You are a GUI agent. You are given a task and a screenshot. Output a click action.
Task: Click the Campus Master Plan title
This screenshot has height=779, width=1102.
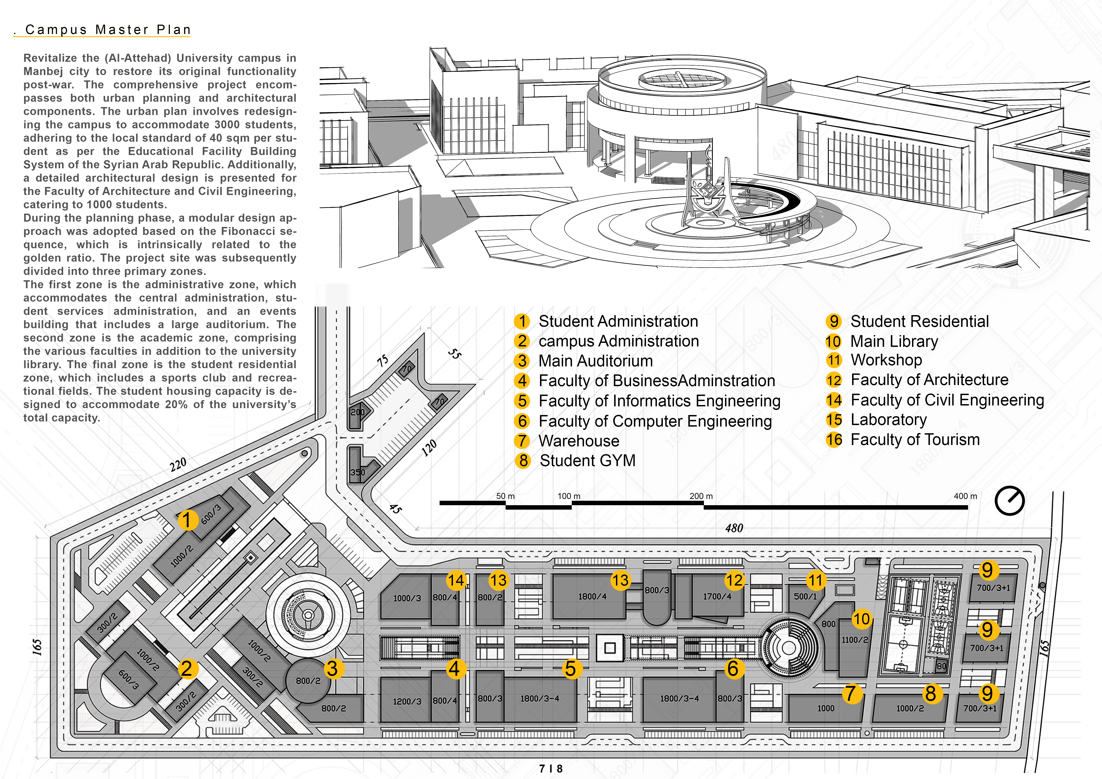click(x=108, y=30)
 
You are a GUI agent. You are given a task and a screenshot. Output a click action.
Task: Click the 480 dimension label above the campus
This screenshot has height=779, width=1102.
click(x=734, y=528)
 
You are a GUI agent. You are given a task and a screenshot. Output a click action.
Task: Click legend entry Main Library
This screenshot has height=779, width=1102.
click(x=894, y=342)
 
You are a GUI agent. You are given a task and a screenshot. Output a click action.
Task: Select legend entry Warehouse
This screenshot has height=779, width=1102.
click(x=578, y=441)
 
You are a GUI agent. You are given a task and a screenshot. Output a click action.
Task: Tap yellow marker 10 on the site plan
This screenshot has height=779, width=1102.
click(x=861, y=619)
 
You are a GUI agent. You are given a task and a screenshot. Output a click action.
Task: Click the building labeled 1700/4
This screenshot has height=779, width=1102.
click(x=717, y=596)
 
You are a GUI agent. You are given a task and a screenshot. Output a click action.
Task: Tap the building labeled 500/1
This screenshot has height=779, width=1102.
click(x=805, y=596)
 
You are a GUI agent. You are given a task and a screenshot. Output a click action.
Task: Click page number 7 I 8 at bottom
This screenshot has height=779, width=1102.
click(x=550, y=768)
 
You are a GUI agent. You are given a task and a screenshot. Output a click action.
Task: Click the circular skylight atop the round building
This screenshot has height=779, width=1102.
click(x=682, y=79)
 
